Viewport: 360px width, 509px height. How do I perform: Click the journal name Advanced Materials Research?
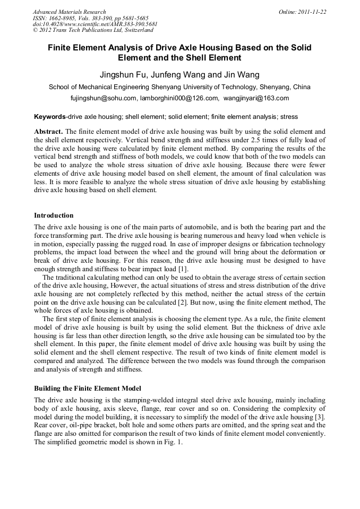(69, 12)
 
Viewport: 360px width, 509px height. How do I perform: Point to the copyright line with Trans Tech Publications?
(93, 31)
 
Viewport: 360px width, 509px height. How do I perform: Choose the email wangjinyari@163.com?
(256, 98)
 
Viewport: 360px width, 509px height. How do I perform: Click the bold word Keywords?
(50, 116)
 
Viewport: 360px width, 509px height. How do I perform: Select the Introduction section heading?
(54, 215)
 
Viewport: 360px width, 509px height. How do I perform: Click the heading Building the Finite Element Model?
(88, 388)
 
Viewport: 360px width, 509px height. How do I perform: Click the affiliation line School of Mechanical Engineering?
(179, 87)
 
